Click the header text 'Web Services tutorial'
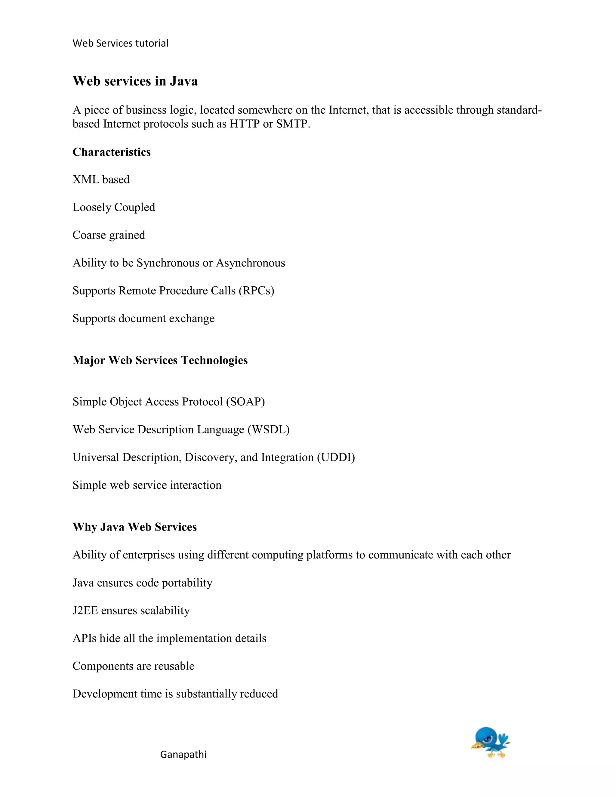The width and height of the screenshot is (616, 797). pos(120,43)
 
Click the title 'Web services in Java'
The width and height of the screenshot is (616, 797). pos(135,81)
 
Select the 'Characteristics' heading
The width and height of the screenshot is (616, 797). pos(111,152)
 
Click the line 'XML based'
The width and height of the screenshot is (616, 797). pos(101,180)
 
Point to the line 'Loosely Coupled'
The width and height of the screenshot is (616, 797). pos(114,207)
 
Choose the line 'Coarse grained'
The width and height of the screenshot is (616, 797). pos(109,235)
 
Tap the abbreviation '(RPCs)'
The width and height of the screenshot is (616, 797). pos(257,291)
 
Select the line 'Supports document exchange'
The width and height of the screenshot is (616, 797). pos(143,318)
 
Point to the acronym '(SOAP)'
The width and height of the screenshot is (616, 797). pos(245,402)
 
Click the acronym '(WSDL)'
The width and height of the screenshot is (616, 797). pos(269,429)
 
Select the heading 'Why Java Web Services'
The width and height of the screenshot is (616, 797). pos(135,527)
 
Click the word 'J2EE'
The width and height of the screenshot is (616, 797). pos(85,611)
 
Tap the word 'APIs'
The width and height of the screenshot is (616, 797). pos(84,638)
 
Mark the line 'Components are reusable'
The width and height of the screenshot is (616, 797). pos(133,666)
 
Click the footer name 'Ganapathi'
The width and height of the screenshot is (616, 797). pos(183,755)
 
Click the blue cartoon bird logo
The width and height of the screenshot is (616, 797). pos(490,743)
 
